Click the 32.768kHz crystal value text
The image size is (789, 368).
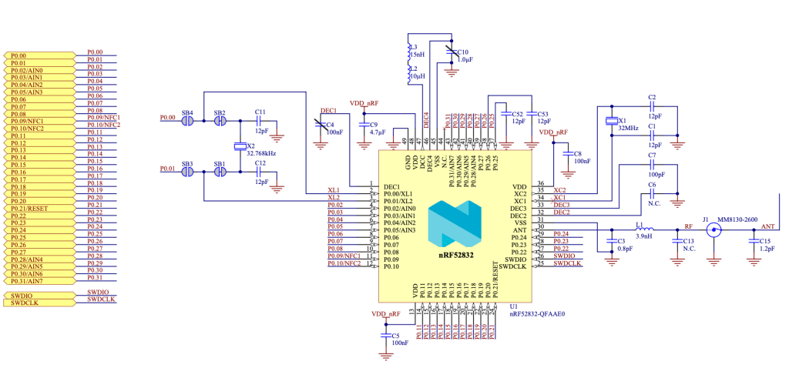tap(260, 153)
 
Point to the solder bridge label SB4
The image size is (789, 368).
tap(186, 113)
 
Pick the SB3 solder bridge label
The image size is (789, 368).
tap(186, 164)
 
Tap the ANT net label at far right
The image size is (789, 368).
tap(767, 227)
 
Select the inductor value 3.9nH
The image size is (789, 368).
tap(645, 236)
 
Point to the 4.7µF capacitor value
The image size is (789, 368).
tap(377, 132)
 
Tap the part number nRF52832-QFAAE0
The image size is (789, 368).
tap(537, 314)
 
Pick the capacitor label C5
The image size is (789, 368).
tap(394, 335)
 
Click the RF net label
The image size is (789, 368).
tap(689, 227)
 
